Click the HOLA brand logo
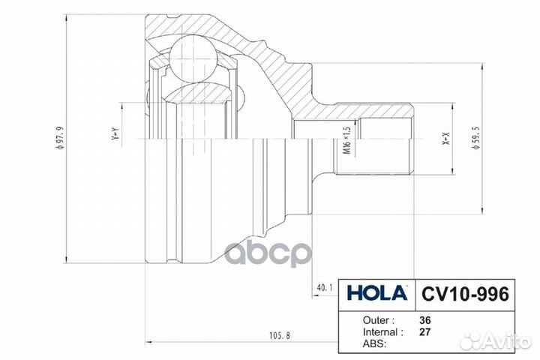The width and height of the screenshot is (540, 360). pyautogui.click(x=376, y=293)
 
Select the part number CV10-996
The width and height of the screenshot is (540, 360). pyautogui.click(x=465, y=294)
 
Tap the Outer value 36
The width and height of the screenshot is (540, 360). pyautogui.click(x=425, y=320)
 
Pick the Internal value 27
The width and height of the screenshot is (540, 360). pyautogui.click(x=425, y=332)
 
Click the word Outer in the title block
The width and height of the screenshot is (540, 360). pyautogui.click(x=376, y=320)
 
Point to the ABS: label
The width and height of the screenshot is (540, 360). pyautogui.click(x=374, y=343)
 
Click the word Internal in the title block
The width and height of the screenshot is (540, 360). pyautogui.click(x=380, y=332)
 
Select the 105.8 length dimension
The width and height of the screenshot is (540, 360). pyautogui.click(x=279, y=335)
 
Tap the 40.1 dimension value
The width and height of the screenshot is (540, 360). pyautogui.click(x=325, y=287)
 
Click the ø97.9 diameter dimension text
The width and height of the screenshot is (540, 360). pyautogui.click(x=61, y=138)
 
